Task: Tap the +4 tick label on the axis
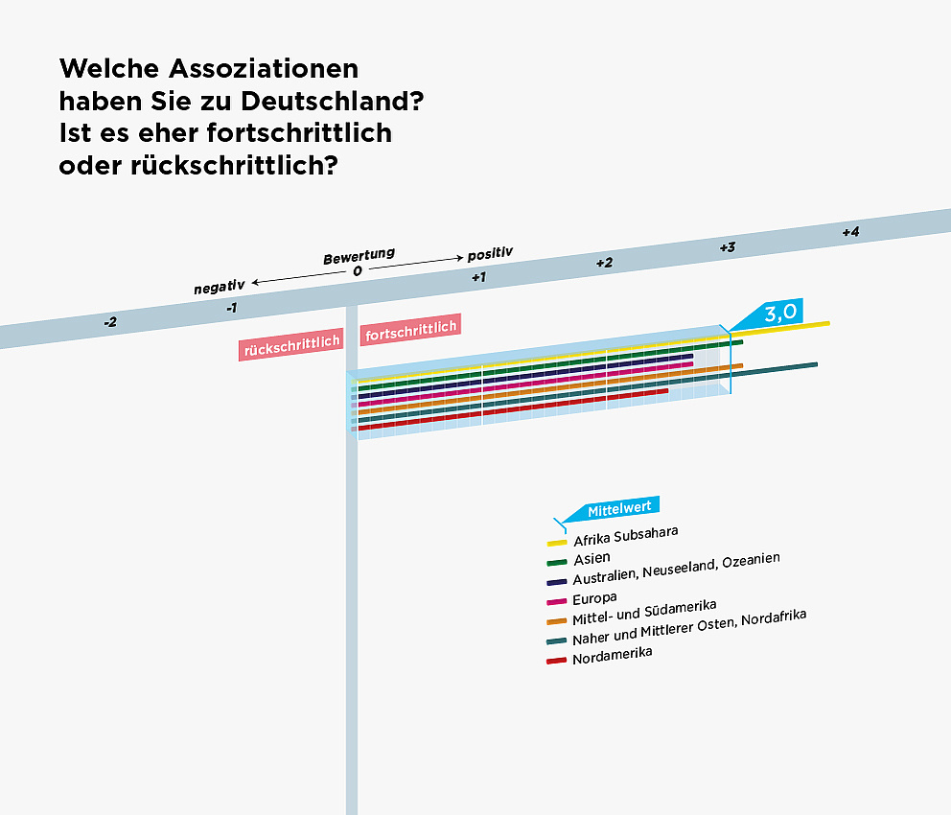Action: point(850,232)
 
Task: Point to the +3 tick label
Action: point(728,247)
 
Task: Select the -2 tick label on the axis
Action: point(110,322)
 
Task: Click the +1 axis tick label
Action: point(478,277)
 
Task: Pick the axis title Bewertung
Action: point(359,257)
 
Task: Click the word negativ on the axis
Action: point(220,286)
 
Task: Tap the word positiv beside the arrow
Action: point(490,253)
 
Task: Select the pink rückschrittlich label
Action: point(291,349)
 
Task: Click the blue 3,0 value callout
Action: point(780,313)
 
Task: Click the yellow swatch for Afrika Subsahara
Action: point(557,544)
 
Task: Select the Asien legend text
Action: point(591,557)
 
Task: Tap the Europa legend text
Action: point(594,598)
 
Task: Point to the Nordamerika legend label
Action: point(612,657)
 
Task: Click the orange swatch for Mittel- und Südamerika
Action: point(557,621)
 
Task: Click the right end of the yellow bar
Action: point(826,324)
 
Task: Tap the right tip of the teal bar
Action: point(815,364)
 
